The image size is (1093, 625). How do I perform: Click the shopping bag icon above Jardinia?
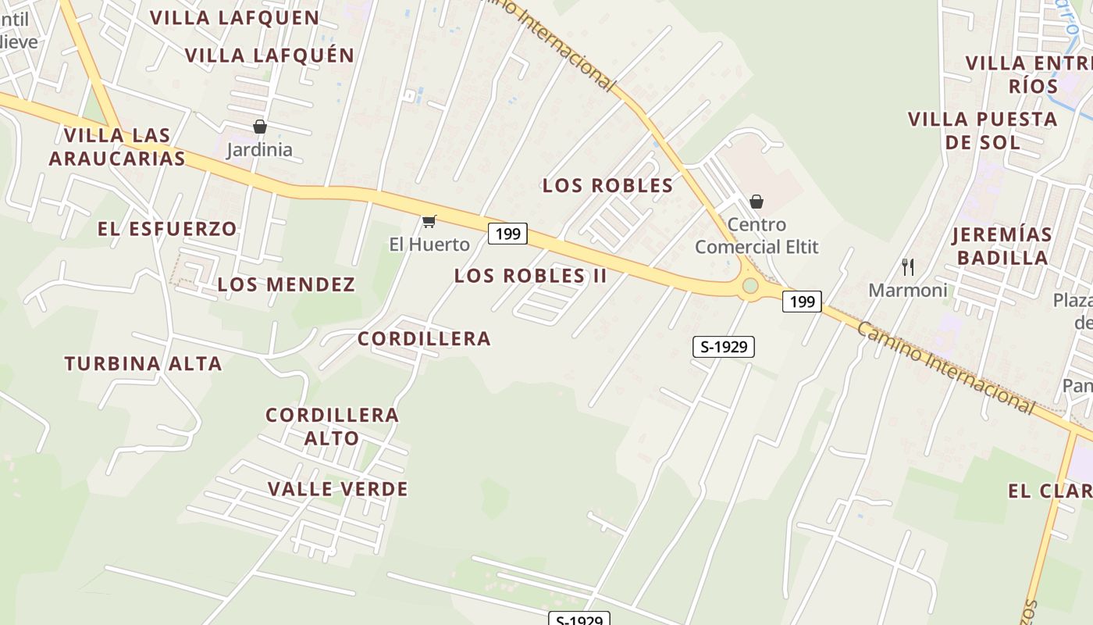click(x=260, y=127)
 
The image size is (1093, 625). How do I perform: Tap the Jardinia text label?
click(x=259, y=149)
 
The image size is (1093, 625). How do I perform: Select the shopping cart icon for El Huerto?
click(x=429, y=222)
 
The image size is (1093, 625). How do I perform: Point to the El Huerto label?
click(x=429, y=245)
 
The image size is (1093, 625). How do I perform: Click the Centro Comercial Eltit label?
click(x=757, y=236)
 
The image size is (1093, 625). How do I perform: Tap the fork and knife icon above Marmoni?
click(x=907, y=267)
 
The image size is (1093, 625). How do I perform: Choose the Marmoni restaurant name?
click(x=908, y=291)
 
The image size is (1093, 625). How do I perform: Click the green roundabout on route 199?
click(x=750, y=286)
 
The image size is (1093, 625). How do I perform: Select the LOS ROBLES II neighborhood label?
click(x=530, y=276)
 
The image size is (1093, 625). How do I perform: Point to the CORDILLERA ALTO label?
click(x=332, y=427)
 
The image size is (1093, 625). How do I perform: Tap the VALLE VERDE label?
click(x=337, y=490)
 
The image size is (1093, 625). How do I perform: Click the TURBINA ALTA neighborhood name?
click(x=143, y=363)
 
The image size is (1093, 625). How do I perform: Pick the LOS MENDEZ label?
click(x=286, y=284)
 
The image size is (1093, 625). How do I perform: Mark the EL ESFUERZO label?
click(x=167, y=229)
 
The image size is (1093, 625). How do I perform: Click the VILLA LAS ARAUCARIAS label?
click(x=117, y=147)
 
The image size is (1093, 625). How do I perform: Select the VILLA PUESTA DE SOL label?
click(x=982, y=130)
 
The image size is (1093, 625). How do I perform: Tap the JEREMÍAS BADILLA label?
click(x=1002, y=246)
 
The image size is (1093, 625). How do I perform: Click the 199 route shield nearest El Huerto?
click(x=507, y=233)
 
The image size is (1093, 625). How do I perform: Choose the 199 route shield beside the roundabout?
click(x=802, y=301)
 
